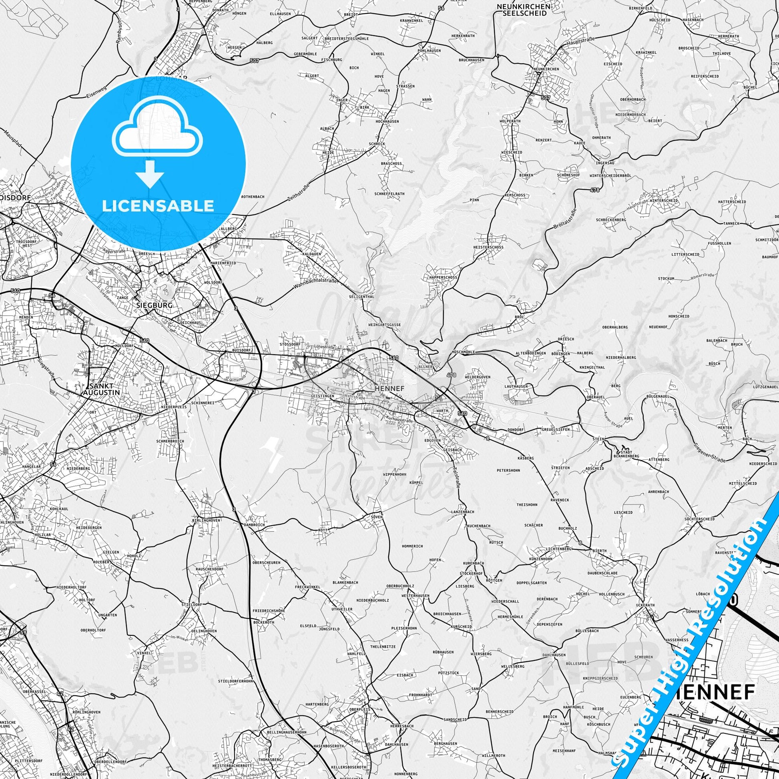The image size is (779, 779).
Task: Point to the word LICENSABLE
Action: click(158, 206)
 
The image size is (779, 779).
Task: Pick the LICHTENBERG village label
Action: click(546, 549)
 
